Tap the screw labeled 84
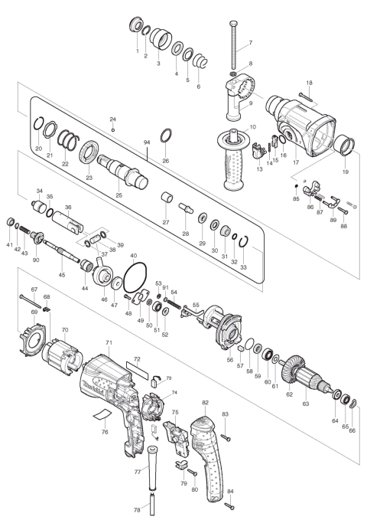click(x=229, y=504)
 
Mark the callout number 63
click(x=310, y=401)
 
